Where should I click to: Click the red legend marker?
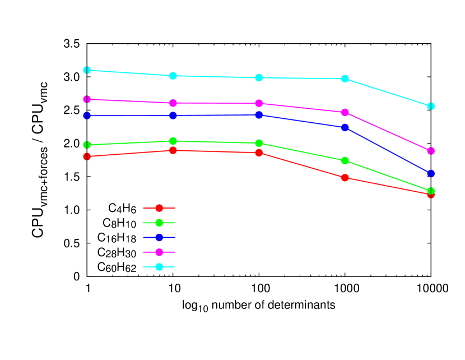coord(159,208)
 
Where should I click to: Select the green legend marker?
coord(159,223)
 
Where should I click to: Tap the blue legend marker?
coord(159,237)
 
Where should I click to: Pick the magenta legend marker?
coord(159,252)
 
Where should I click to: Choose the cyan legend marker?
coord(159,266)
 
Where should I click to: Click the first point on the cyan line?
coord(87,70)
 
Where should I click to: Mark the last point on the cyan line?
coord(431,106)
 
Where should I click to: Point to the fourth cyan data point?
coord(345,79)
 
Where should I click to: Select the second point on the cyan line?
coord(173,76)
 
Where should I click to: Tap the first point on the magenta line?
coord(87,99)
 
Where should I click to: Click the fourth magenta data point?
coord(345,112)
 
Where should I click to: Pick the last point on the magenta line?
coord(431,151)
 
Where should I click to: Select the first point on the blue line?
coord(87,116)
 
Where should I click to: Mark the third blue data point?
coord(259,115)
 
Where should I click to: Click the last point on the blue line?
coord(431,173)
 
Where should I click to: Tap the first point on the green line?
coord(87,145)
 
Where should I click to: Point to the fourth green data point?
coord(345,161)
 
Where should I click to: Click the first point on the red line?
coord(87,156)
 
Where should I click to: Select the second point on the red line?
coord(173,150)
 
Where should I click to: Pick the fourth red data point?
coord(345,178)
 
